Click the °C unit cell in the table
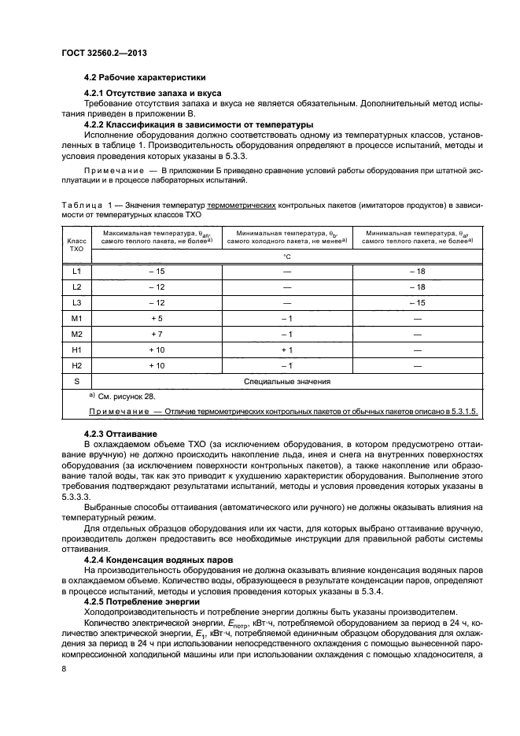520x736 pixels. tap(286, 256)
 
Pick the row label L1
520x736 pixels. tap(76, 271)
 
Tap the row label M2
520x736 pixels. tap(76, 334)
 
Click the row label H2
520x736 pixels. tap(76, 365)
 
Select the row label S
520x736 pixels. tap(76, 381)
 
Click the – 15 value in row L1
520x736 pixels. tap(156, 271)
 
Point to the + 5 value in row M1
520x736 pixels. tap(156, 318)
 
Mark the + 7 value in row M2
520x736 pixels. tap(156, 334)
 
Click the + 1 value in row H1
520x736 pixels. tap(286, 350)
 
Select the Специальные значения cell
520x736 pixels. tap(286, 381)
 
